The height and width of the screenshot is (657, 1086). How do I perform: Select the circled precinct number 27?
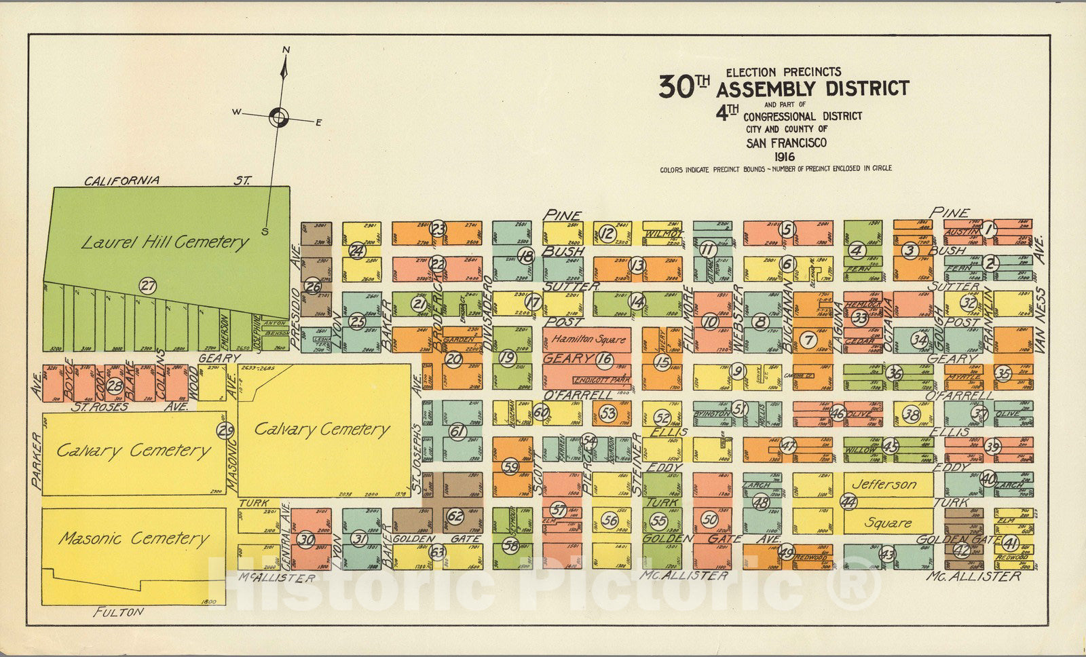[x=147, y=286]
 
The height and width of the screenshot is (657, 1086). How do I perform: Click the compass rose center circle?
[x=278, y=117]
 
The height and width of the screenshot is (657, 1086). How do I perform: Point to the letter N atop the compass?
[x=286, y=50]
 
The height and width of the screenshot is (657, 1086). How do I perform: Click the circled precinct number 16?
[x=604, y=359]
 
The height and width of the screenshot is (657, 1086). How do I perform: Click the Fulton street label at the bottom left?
[x=119, y=612]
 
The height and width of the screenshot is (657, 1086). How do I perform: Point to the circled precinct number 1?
[x=990, y=229]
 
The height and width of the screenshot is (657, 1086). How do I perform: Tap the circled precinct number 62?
[x=455, y=516]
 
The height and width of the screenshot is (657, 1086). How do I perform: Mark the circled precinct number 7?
[x=807, y=339]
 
